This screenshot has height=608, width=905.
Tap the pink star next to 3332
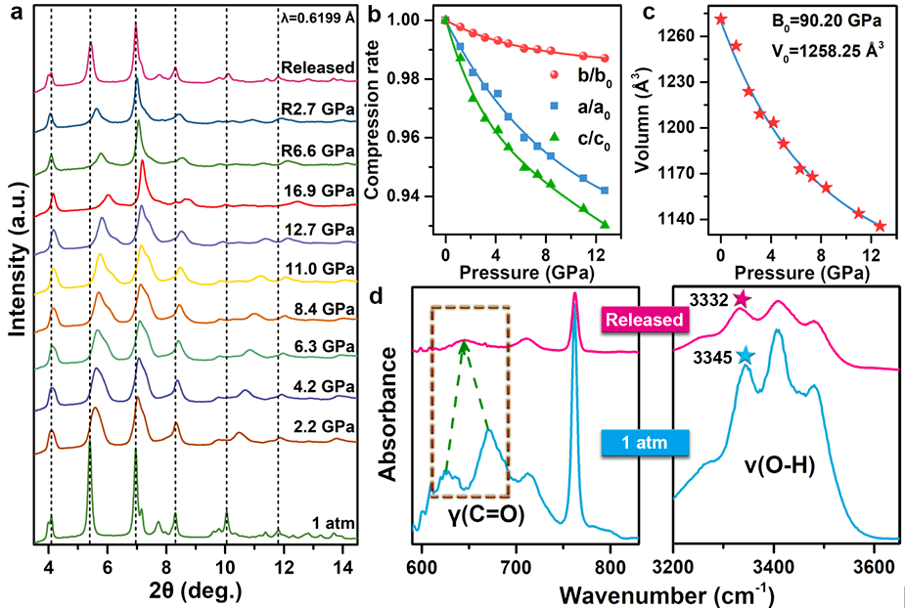pyautogui.click(x=741, y=300)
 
